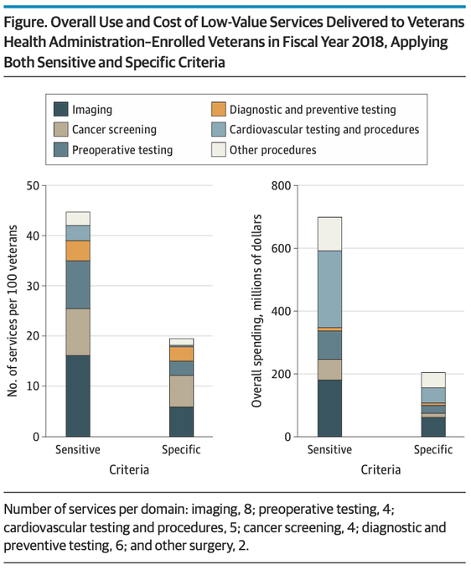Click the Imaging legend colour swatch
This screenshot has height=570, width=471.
[60, 109]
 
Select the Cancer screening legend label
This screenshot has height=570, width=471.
[114, 129]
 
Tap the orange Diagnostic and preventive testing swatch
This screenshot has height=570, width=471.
[219, 109]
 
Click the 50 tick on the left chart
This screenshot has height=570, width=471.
[33, 186]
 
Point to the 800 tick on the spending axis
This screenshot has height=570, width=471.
[282, 186]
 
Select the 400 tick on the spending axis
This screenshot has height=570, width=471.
[282, 311]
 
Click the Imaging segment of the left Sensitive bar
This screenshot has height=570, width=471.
[78, 396]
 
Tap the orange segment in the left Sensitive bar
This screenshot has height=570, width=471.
[78, 251]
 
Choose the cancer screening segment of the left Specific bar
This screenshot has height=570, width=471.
[181, 391]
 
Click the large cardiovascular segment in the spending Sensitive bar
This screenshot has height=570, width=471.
[329, 289]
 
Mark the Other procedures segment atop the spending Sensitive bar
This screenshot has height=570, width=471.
[329, 235]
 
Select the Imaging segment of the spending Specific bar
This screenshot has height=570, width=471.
[433, 427]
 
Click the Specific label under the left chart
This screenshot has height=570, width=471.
[181, 449]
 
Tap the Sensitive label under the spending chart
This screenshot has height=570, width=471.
[329, 449]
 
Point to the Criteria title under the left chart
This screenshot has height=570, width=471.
[129, 469]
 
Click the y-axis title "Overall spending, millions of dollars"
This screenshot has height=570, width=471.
[256, 311]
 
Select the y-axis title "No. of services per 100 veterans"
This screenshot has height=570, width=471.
[13, 311]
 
